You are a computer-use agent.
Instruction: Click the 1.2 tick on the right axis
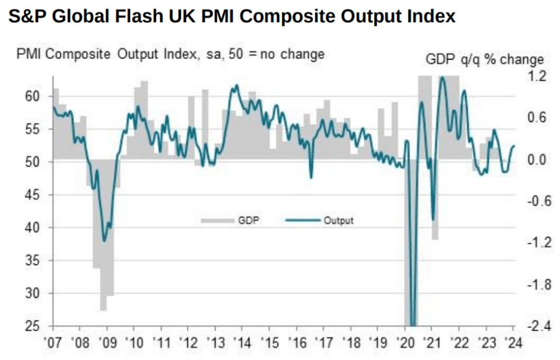(x=537, y=76)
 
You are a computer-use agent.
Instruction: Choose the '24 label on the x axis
(x=513, y=343)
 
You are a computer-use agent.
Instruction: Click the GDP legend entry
(x=230, y=220)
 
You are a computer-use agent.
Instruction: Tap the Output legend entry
(x=319, y=220)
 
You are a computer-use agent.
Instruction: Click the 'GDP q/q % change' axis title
(x=485, y=60)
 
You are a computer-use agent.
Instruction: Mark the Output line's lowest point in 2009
(x=105, y=241)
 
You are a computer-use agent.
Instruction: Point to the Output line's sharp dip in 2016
(x=311, y=177)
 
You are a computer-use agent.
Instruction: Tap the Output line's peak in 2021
(x=442, y=77)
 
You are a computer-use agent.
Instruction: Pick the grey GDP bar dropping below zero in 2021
(x=434, y=199)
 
